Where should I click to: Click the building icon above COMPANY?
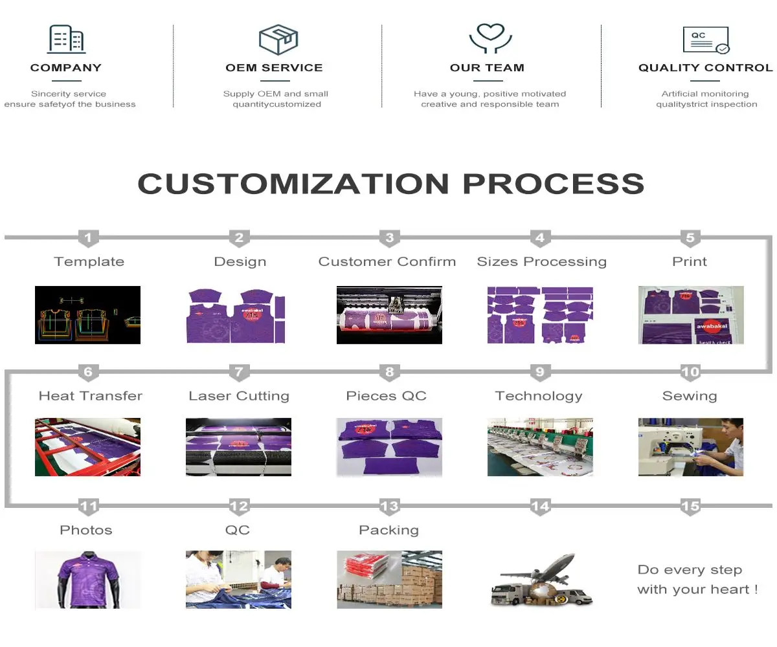(x=66, y=39)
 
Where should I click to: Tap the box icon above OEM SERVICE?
(x=278, y=39)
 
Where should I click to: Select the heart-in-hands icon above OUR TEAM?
(x=490, y=38)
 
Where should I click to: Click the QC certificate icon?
(x=706, y=39)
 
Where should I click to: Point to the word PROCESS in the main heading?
(x=554, y=184)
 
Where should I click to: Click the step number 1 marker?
(x=88, y=238)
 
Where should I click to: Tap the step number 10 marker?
(x=690, y=372)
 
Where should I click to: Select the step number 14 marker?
(x=540, y=507)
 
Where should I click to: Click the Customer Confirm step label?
(x=387, y=262)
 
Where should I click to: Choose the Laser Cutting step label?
(x=239, y=396)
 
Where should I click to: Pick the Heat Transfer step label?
(x=91, y=396)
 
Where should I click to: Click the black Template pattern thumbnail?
(x=88, y=315)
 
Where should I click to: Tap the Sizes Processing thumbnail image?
(x=540, y=315)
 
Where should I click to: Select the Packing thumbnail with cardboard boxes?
(x=390, y=580)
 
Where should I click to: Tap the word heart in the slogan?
(x=729, y=589)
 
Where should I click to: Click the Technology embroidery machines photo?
(x=540, y=447)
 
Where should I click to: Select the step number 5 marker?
(x=690, y=238)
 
